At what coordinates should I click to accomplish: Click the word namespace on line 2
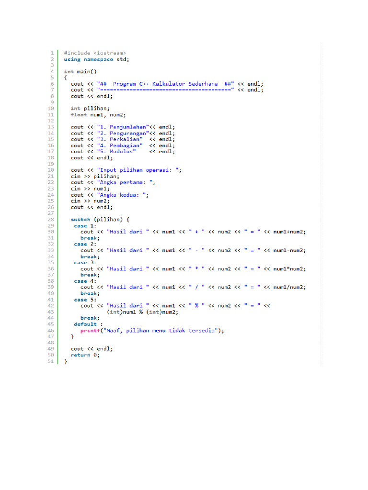pyautogui.click(x=98, y=59)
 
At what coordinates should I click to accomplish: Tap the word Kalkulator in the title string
pyautogui.click(x=169, y=84)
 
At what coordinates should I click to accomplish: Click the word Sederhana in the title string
pyautogui.click(x=203, y=84)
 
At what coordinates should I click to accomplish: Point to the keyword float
pyautogui.click(x=79, y=115)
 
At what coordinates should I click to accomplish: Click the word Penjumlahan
pyautogui.click(x=127, y=127)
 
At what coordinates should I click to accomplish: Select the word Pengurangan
pyautogui.click(x=127, y=133)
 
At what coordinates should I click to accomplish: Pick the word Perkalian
pyautogui.click(x=125, y=139)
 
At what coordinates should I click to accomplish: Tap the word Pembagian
pyautogui.click(x=125, y=145)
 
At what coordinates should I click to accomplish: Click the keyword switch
pyautogui.click(x=80, y=219)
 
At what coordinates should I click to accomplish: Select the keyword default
pyautogui.click(x=85, y=324)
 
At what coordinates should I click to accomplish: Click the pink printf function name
pyautogui.click(x=90, y=331)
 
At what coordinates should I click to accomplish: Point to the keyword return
pyautogui.click(x=80, y=355)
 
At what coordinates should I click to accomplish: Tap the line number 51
pyautogui.click(x=51, y=361)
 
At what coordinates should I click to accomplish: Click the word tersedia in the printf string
pyautogui.click(x=202, y=331)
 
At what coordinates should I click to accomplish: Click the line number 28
pyautogui.click(x=51, y=219)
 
